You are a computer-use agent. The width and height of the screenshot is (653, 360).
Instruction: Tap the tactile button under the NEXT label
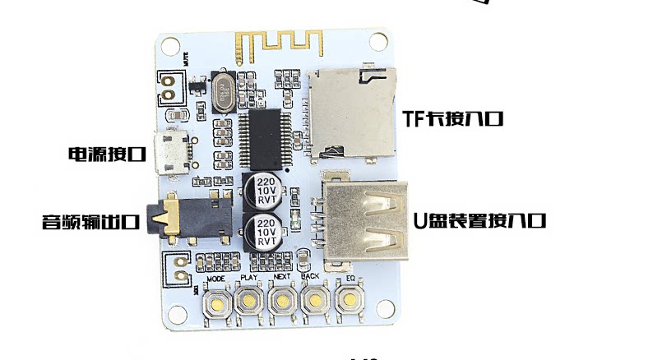click(281, 301)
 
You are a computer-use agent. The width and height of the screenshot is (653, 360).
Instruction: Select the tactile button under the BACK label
click(313, 301)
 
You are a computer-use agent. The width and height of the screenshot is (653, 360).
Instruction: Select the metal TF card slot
click(352, 113)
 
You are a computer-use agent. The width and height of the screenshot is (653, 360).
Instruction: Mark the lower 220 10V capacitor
click(264, 231)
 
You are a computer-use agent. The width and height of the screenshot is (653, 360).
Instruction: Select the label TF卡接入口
click(452, 118)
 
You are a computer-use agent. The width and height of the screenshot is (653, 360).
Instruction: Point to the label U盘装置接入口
click(479, 220)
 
